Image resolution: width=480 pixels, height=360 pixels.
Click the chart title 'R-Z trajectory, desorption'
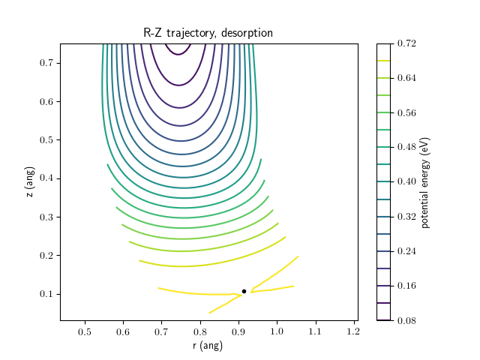(x=208, y=33)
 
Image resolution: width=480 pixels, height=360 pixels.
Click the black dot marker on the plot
(x=244, y=291)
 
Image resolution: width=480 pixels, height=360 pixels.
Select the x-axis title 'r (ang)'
(x=208, y=346)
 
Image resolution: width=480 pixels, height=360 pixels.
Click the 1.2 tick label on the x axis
(x=354, y=331)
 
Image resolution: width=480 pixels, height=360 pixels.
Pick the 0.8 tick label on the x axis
(x=200, y=331)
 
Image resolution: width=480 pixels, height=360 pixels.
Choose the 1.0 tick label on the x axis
(x=277, y=331)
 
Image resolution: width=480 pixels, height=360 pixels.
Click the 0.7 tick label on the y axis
(x=46, y=63)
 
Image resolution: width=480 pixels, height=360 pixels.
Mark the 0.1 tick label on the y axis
(x=46, y=294)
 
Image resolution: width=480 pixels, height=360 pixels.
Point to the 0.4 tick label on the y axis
(x=46, y=178)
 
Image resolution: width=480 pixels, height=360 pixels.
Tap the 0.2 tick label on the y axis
(x=46, y=256)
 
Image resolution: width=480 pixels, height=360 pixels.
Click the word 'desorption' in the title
(x=247, y=33)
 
